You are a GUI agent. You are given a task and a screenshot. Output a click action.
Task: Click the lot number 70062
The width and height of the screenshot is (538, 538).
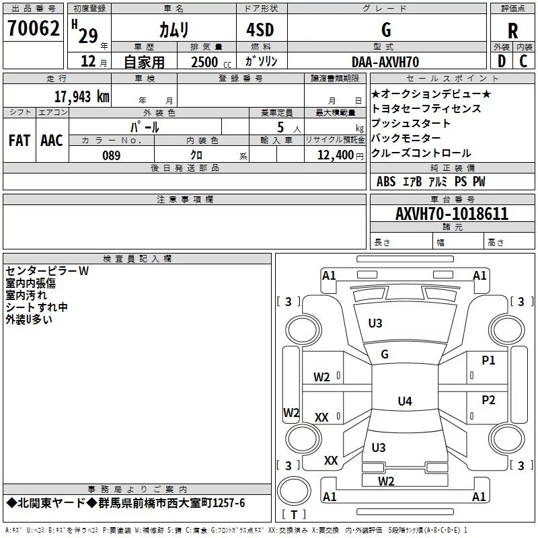click(34, 28)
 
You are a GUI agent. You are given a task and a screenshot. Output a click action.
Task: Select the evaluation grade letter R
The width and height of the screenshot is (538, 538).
click(512, 31)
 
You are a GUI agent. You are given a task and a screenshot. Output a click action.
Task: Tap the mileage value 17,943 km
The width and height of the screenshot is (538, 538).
click(81, 97)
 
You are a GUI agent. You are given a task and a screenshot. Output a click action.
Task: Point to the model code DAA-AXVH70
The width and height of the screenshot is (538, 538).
click(385, 62)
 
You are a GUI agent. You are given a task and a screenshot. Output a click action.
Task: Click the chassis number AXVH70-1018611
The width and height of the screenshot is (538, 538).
click(452, 214)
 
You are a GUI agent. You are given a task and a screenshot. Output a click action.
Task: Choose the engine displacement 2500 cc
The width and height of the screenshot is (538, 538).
click(211, 62)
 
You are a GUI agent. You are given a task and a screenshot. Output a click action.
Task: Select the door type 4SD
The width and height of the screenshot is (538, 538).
click(260, 30)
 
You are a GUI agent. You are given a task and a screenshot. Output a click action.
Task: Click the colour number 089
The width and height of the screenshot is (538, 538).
click(111, 155)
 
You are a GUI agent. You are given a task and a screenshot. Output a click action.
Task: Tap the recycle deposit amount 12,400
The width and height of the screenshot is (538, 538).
click(335, 155)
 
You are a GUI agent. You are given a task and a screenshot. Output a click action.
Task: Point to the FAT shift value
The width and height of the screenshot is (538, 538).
click(20, 141)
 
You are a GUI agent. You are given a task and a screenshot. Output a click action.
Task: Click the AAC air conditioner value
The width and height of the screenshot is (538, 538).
click(52, 141)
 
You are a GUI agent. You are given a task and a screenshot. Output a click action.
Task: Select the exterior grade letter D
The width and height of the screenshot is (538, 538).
click(502, 61)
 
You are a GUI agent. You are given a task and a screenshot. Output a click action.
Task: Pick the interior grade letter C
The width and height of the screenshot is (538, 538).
click(523, 61)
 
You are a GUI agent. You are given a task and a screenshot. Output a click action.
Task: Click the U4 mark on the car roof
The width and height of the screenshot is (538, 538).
click(405, 401)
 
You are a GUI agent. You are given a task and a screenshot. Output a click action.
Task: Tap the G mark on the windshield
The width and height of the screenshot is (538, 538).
click(385, 354)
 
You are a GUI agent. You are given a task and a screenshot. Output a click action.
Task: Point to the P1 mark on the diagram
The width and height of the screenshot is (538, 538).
click(488, 360)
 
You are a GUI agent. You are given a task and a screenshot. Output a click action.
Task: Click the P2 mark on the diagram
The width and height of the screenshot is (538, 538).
click(488, 400)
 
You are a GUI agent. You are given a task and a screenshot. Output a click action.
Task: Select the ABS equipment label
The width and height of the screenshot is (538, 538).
click(386, 182)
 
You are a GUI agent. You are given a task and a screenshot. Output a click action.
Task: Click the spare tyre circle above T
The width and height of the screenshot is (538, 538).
click(294, 491)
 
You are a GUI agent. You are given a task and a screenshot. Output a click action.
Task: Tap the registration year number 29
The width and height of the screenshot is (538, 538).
click(88, 36)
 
